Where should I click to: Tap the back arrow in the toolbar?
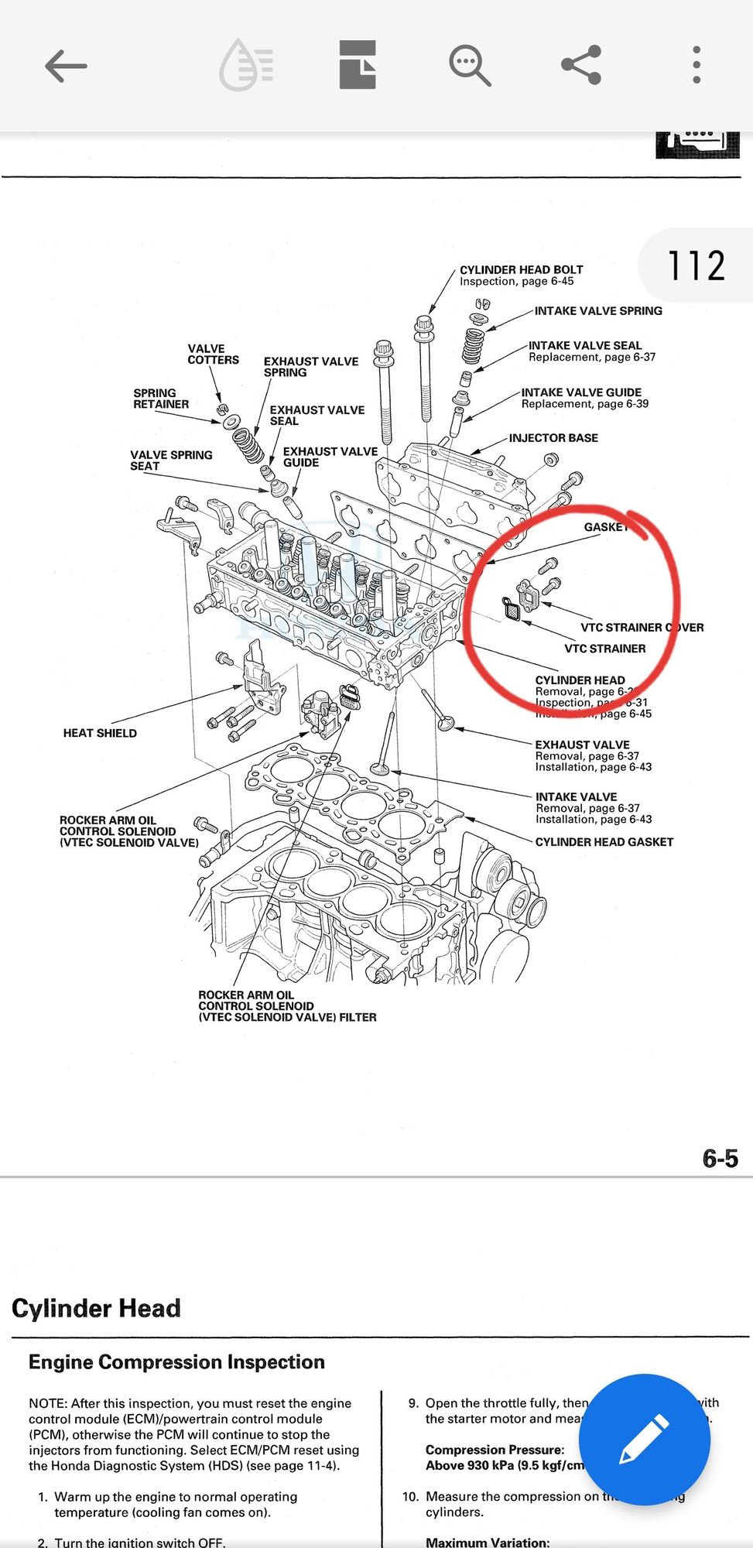tap(66, 66)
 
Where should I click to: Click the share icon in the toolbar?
tap(581, 65)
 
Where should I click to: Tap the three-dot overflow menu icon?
tap(697, 65)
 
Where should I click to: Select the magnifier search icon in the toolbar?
tap(469, 65)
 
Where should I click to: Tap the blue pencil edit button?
tap(644, 1439)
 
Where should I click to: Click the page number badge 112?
tap(696, 265)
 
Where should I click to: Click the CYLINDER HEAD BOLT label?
tap(521, 270)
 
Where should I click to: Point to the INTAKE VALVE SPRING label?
tap(597, 311)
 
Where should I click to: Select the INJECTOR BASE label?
tap(553, 438)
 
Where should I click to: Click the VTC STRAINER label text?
tap(604, 649)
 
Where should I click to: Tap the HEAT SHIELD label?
tap(100, 733)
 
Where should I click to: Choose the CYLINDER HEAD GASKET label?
tap(604, 842)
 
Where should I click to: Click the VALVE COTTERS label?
tap(213, 354)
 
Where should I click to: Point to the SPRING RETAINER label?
tap(160, 399)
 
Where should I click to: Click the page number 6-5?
tap(720, 1158)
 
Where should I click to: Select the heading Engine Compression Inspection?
tap(176, 1362)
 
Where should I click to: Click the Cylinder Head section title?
tap(96, 1308)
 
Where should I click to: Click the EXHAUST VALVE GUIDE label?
tap(330, 457)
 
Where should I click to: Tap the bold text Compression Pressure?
tap(495, 1450)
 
